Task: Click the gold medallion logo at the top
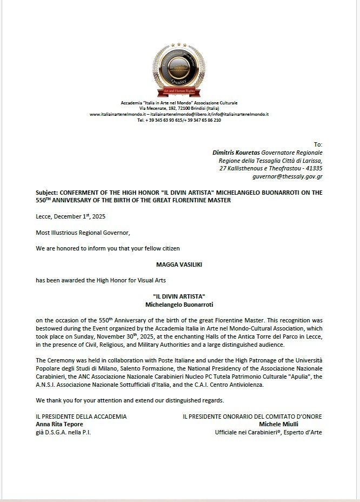click(x=179, y=69)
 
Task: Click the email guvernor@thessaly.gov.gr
click(x=287, y=177)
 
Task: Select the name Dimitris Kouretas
click(x=236, y=153)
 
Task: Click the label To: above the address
click(x=318, y=144)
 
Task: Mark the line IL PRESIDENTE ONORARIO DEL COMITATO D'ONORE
click(x=252, y=417)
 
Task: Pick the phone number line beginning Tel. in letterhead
click(x=179, y=120)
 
